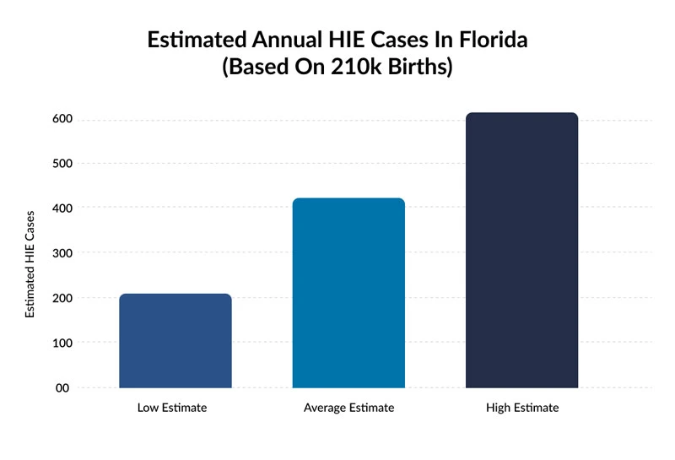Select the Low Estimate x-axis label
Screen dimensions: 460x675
point(172,408)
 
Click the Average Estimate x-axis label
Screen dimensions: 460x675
point(348,408)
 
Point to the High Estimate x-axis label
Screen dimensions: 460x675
point(522,408)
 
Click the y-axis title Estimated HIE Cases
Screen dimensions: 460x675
point(30,264)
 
